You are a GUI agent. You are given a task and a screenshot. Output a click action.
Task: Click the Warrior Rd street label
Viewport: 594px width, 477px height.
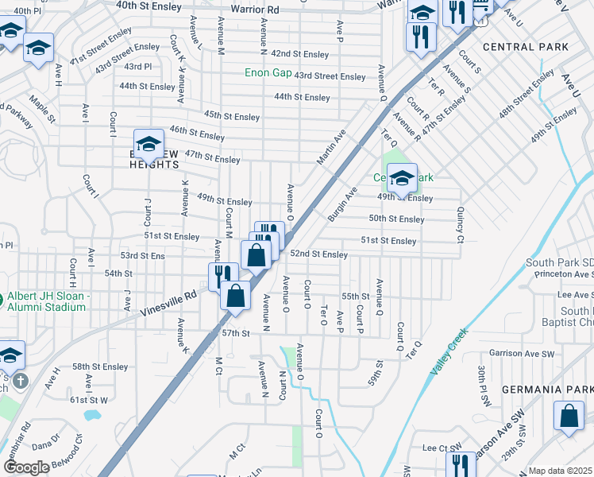pyautogui.click(x=255, y=10)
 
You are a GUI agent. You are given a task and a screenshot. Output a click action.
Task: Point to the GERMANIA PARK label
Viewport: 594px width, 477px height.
pyautogui.click(x=547, y=390)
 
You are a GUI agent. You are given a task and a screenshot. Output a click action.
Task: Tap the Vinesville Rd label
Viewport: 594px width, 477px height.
pyautogui.click(x=168, y=295)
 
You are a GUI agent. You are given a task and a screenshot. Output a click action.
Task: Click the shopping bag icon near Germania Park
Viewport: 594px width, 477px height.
pyautogui.click(x=569, y=417)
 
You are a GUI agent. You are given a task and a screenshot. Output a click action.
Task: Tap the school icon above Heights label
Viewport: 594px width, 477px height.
pyautogui.click(x=148, y=144)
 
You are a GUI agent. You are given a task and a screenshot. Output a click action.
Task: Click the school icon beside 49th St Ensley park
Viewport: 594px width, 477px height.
pyautogui.click(x=402, y=178)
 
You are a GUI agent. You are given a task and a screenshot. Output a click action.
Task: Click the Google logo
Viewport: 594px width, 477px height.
pyautogui.click(x=26, y=467)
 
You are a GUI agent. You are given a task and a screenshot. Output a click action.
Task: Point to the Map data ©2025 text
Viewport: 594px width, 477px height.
pyautogui.click(x=560, y=471)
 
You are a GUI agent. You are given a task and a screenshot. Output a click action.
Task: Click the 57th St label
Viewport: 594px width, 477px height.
pyautogui.click(x=236, y=332)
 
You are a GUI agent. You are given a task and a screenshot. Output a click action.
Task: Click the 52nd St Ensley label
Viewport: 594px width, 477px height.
pyautogui.click(x=318, y=254)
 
